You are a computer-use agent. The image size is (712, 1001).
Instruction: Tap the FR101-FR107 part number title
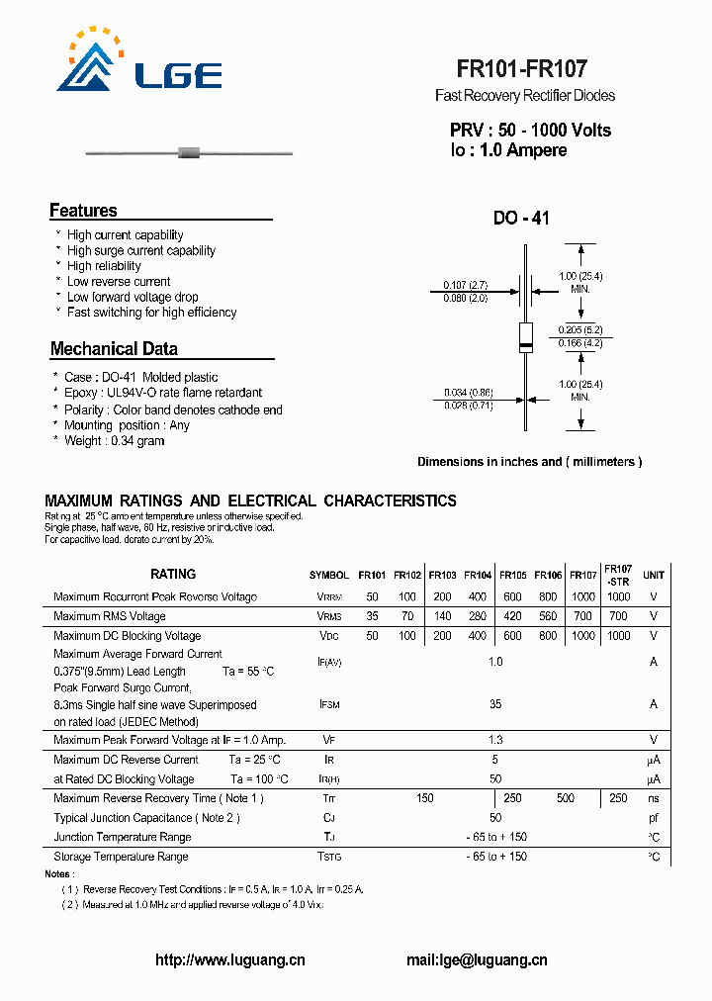[x=521, y=69]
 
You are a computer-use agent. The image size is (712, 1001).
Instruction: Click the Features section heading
[x=83, y=211]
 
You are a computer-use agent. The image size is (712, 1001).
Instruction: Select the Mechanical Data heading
[x=114, y=349]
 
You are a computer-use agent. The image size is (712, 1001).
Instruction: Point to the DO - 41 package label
[x=521, y=219]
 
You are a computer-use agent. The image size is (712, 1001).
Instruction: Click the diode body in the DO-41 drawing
[x=526, y=336]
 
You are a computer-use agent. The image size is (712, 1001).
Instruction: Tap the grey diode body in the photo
[x=188, y=153]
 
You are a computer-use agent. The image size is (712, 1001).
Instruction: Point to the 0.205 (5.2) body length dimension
[x=580, y=329]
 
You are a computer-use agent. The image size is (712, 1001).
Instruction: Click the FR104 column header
[x=478, y=575]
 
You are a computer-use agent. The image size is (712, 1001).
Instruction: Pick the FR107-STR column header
[x=618, y=575]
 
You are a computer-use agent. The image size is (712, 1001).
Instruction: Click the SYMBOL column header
[x=328, y=576]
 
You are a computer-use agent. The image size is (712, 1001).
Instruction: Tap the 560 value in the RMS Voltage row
[x=548, y=616]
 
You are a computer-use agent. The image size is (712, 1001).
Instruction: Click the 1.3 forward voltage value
[x=495, y=740]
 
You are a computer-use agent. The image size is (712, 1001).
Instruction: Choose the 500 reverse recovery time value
[x=565, y=798]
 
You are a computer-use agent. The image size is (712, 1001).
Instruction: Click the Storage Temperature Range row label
[x=121, y=857]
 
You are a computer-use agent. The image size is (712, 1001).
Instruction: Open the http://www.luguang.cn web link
[x=230, y=959]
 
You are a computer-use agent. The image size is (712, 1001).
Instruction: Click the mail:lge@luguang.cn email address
[x=477, y=959]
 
